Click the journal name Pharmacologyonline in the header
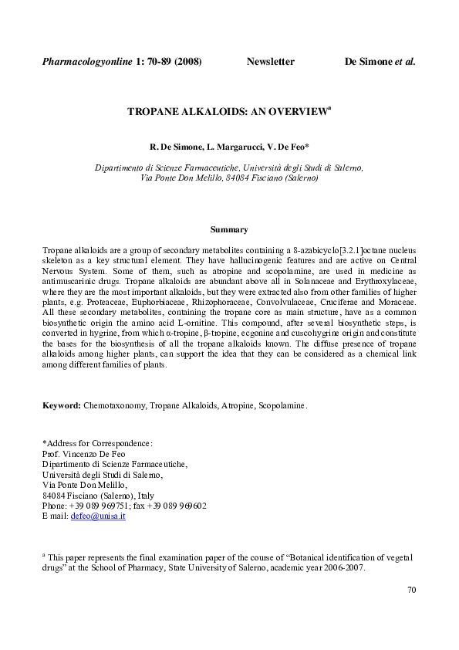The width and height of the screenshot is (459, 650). pos(87,61)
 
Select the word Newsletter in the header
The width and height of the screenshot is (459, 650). pos(270,61)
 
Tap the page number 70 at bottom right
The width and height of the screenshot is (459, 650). pos(411,591)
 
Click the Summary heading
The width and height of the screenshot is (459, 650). pos(229,229)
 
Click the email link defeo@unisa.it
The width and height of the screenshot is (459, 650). pos(98,516)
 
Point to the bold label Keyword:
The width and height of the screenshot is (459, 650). pos(62,405)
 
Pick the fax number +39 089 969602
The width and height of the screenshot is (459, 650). pos(176,506)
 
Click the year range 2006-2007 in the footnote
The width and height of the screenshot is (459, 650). pos(344,567)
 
